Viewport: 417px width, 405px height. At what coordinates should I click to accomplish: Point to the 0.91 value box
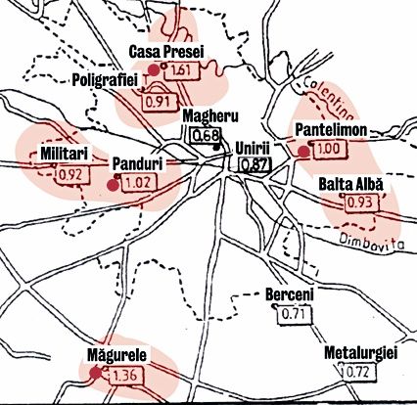[158, 100]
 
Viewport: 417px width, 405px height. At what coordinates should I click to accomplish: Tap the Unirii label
[253, 148]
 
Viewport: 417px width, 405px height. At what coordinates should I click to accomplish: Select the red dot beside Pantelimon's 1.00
[303, 152]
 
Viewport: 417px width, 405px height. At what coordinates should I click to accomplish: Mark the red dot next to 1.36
[95, 373]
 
